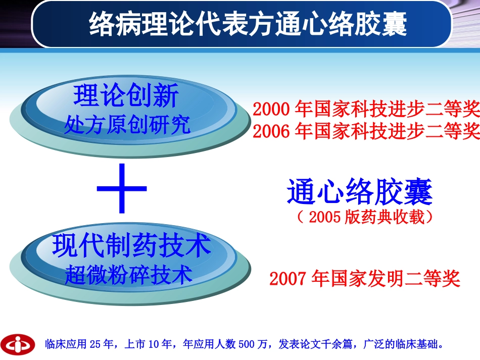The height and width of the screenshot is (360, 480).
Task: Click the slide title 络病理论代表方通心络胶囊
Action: point(248,24)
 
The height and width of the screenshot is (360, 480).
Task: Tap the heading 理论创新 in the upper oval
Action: point(126,96)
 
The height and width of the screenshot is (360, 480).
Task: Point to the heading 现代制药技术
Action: point(131,246)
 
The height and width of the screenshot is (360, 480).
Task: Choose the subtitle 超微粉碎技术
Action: point(129,275)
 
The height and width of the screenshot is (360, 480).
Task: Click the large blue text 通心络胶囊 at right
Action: point(360,192)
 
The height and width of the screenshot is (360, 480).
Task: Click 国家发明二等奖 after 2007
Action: point(396,279)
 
